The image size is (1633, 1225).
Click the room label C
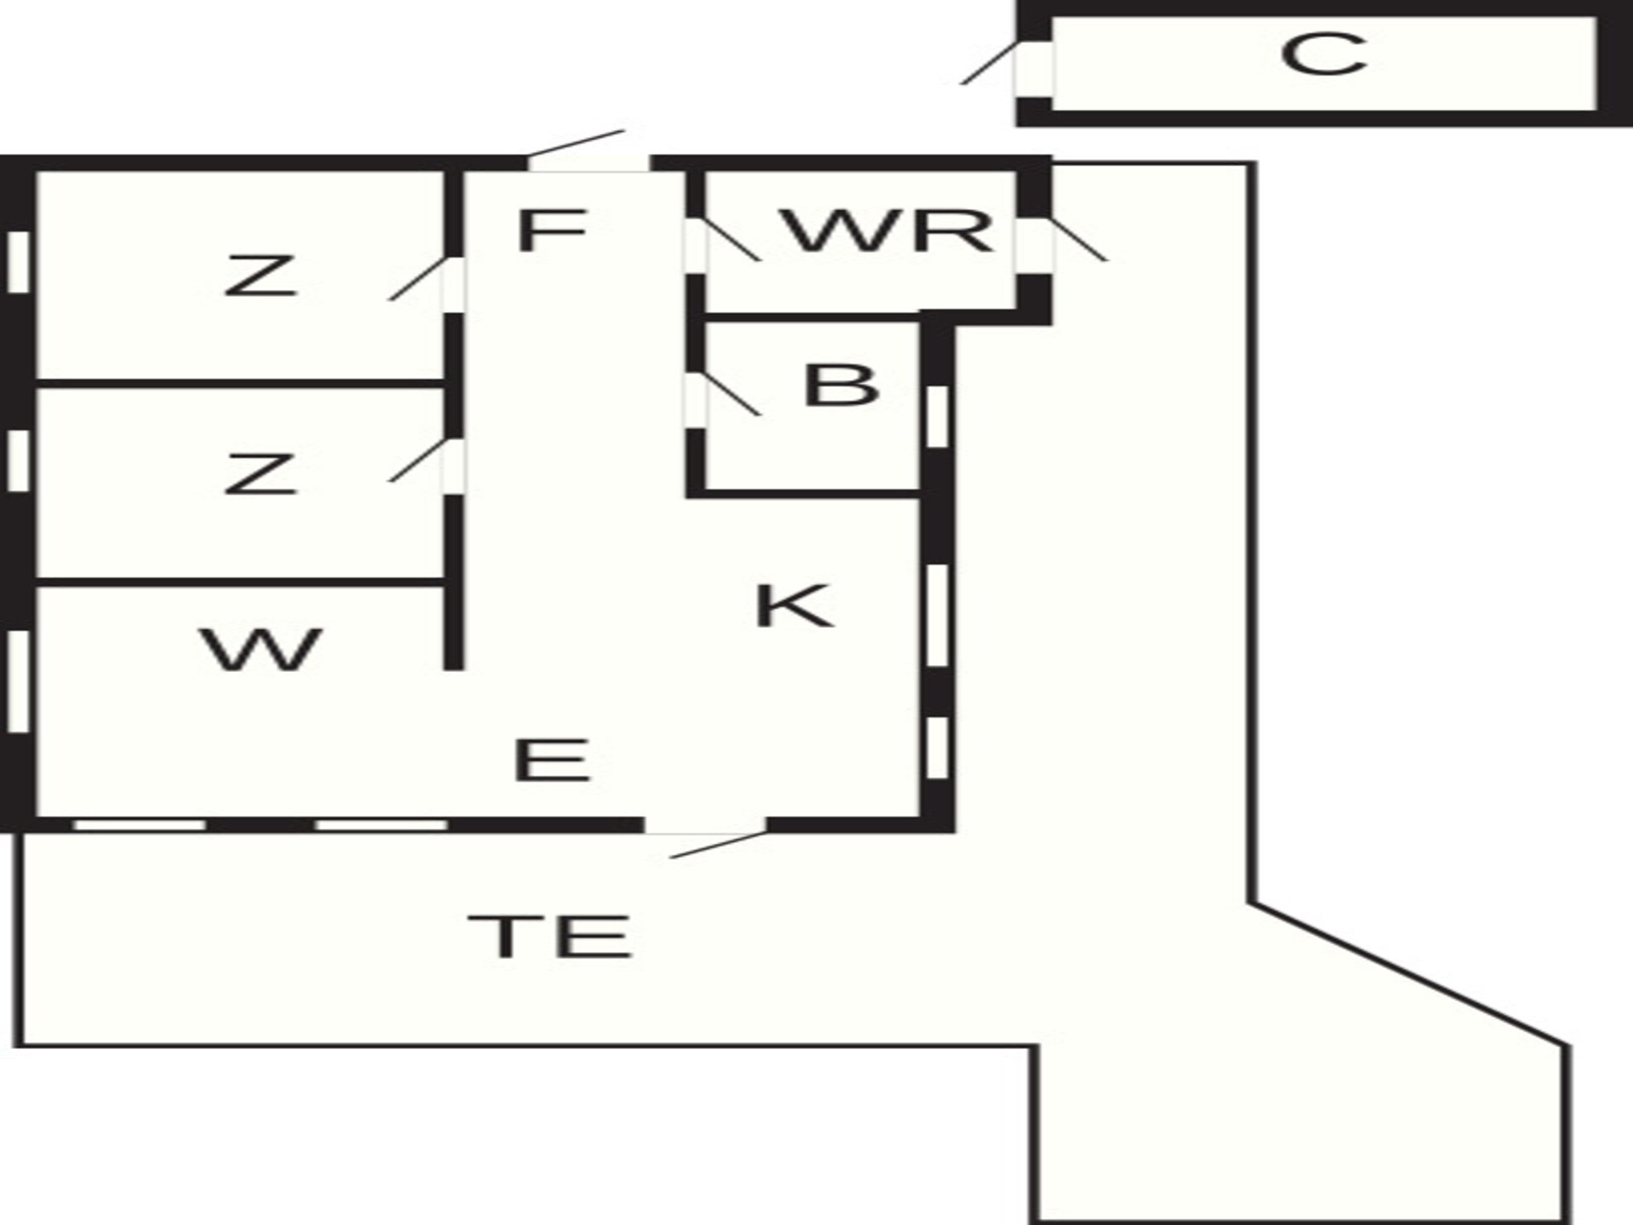point(1323,54)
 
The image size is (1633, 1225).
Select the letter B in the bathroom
point(840,385)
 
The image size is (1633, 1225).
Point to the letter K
point(794,606)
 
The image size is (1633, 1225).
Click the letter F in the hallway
point(552,230)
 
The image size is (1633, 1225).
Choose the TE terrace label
point(550,936)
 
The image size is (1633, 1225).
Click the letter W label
point(261,650)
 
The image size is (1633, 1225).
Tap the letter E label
point(551,760)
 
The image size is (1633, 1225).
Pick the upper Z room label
point(260,276)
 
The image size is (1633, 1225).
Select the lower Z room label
point(260,475)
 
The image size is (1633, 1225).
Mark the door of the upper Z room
point(418,278)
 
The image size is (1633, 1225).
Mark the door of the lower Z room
point(418,460)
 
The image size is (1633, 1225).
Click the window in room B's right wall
point(936,416)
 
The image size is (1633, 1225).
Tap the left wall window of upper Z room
point(19,262)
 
